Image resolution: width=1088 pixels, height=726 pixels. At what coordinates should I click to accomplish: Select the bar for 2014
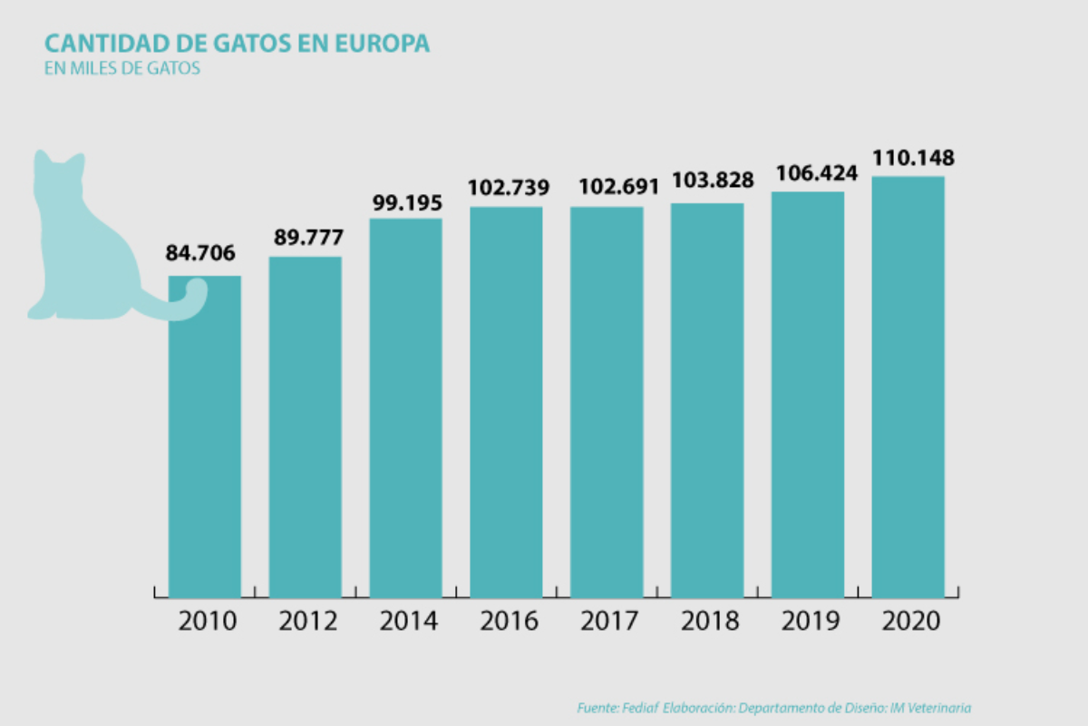pos(405,408)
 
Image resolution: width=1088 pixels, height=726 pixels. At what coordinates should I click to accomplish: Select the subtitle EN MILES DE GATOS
pos(121,68)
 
